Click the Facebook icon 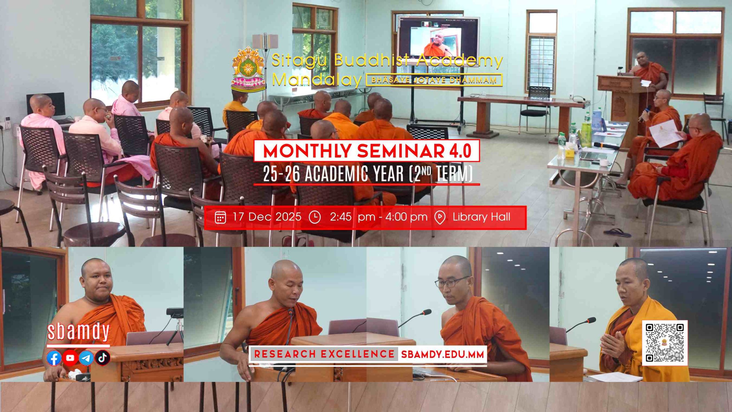54,358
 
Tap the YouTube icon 70,358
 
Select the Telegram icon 86,358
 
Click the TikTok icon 103,358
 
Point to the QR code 665,343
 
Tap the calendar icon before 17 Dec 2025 220,217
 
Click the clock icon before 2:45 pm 315,217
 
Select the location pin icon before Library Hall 440,218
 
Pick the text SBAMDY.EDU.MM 443,354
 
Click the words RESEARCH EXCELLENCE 324,354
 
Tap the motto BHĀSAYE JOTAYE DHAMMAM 434,80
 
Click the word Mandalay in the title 317,80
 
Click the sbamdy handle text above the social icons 78,332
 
